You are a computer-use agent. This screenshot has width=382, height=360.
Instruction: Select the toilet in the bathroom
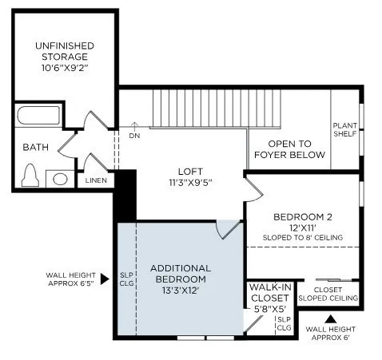point(31,174)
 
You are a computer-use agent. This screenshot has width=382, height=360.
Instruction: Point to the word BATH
point(35,147)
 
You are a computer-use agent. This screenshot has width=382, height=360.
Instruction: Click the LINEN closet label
point(97,180)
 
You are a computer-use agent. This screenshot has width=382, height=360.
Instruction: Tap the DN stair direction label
point(133,136)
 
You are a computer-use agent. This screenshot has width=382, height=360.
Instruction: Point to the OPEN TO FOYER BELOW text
point(289,149)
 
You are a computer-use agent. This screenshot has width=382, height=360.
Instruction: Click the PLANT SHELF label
point(344,130)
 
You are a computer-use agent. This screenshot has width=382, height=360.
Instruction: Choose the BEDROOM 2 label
point(302,217)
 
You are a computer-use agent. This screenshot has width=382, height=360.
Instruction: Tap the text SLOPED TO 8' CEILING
point(302,237)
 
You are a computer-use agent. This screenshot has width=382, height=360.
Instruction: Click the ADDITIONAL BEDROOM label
point(180,274)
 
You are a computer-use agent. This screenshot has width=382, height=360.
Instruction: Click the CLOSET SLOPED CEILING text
point(327,295)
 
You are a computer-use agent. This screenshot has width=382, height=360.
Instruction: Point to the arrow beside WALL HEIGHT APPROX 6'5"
point(104,279)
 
